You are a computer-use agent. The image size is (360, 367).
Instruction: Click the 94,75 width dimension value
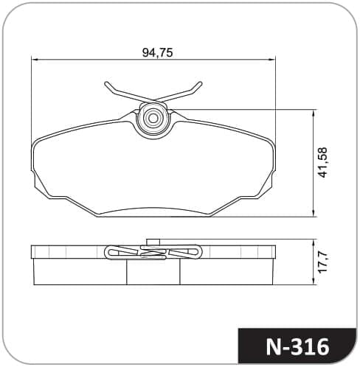tap(158, 52)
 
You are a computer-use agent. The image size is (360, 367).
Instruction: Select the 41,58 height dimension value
tap(322, 162)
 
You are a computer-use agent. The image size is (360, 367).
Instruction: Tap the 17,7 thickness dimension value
tap(322, 262)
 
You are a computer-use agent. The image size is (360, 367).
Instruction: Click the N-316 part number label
tap(297, 347)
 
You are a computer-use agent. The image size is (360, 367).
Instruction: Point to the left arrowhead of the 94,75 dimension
tap(35, 60)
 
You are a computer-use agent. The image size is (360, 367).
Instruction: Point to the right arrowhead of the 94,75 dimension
tap(272, 60)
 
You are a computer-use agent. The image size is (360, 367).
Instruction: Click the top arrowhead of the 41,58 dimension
tap(314, 113)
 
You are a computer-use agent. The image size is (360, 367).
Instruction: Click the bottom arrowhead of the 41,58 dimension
tap(314, 213)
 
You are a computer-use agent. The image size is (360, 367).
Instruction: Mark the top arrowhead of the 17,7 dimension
tap(314, 242)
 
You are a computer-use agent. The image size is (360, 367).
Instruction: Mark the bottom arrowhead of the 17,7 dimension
tap(314, 282)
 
